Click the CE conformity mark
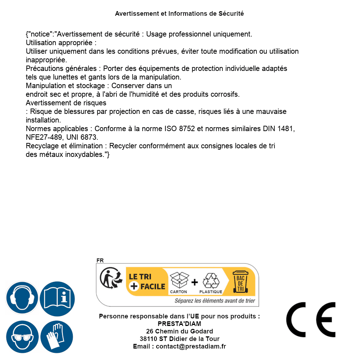click(x=311, y=320)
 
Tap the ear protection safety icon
click(x=22, y=298)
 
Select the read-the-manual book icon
click(x=57, y=298)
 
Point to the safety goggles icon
click(x=22, y=337)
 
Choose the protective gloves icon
click(x=57, y=337)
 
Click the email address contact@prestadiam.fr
click(x=191, y=346)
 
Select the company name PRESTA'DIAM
click(x=179, y=324)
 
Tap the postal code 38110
click(x=148, y=339)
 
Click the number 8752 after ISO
click(x=187, y=129)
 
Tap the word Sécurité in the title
click(x=231, y=14)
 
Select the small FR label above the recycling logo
click(x=100, y=260)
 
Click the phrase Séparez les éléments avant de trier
click(x=215, y=301)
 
